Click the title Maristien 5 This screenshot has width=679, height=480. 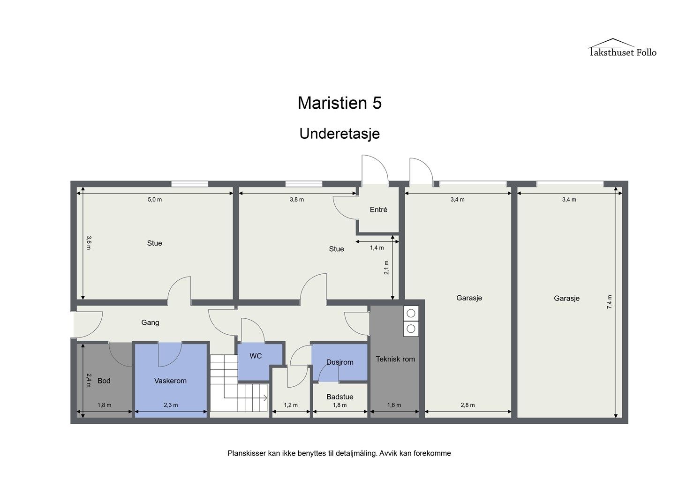pyautogui.click(x=339, y=103)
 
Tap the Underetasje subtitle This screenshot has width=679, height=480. pyautogui.click(x=339, y=134)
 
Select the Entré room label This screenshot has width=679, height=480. pyautogui.click(x=378, y=210)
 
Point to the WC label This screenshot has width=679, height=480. pyautogui.click(x=256, y=356)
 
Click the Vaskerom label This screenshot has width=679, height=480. pyautogui.click(x=170, y=381)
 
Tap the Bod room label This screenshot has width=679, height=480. pyautogui.click(x=104, y=381)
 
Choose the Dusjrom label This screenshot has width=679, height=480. pyautogui.click(x=340, y=362)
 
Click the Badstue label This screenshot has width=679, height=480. pyautogui.click(x=340, y=397)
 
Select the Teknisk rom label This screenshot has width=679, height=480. pyautogui.click(x=395, y=359)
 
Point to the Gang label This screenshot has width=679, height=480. pyautogui.click(x=150, y=322)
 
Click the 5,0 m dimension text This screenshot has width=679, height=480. pyautogui.click(x=155, y=200)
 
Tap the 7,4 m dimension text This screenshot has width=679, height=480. pyautogui.click(x=610, y=302)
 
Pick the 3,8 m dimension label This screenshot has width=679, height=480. pyautogui.click(x=297, y=200)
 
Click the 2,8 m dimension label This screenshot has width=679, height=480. pyautogui.click(x=468, y=405)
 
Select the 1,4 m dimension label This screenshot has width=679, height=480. pyautogui.click(x=377, y=248)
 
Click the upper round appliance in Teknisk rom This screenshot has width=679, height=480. pyautogui.click(x=411, y=313)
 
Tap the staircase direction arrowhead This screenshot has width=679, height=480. pyautogui.click(x=265, y=398)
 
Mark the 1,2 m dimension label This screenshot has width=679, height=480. pyautogui.click(x=291, y=405)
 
